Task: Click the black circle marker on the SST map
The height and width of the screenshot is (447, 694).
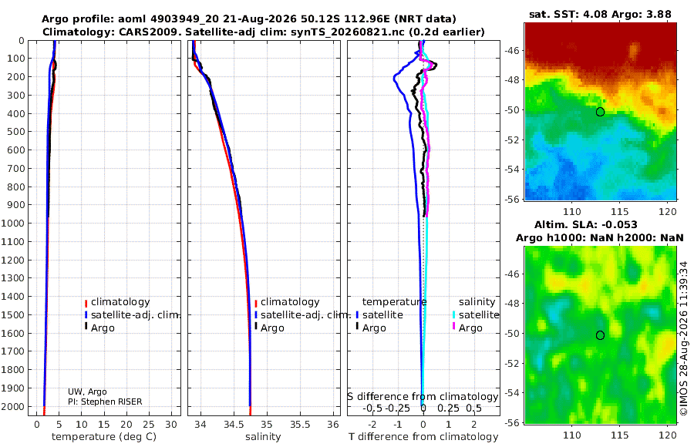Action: tap(600, 112)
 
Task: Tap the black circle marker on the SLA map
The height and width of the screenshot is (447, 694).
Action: tap(600, 335)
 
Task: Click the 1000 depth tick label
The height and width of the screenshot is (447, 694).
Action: tap(12, 223)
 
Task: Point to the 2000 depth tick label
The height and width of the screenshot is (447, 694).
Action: tap(12, 406)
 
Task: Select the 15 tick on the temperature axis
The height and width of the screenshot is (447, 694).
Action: tap(103, 425)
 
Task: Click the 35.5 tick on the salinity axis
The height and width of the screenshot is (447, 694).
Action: tap(300, 425)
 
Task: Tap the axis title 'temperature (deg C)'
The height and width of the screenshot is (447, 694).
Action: tap(104, 437)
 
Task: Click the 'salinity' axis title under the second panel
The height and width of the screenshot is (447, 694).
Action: tap(263, 437)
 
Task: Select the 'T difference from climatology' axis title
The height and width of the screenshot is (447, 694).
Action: tap(423, 437)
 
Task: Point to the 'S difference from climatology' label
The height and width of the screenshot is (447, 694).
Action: tap(423, 397)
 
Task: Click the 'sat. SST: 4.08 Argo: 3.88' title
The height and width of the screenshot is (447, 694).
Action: tap(600, 14)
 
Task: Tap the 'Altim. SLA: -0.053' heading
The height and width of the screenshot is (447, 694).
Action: tap(585, 224)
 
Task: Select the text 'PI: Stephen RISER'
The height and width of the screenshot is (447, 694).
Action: tap(105, 402)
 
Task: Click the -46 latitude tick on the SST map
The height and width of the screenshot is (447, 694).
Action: tap(513, 50)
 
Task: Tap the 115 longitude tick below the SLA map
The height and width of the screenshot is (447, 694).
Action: tap(619, 435)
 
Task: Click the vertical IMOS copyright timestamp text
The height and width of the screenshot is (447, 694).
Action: tap(684, 338)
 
